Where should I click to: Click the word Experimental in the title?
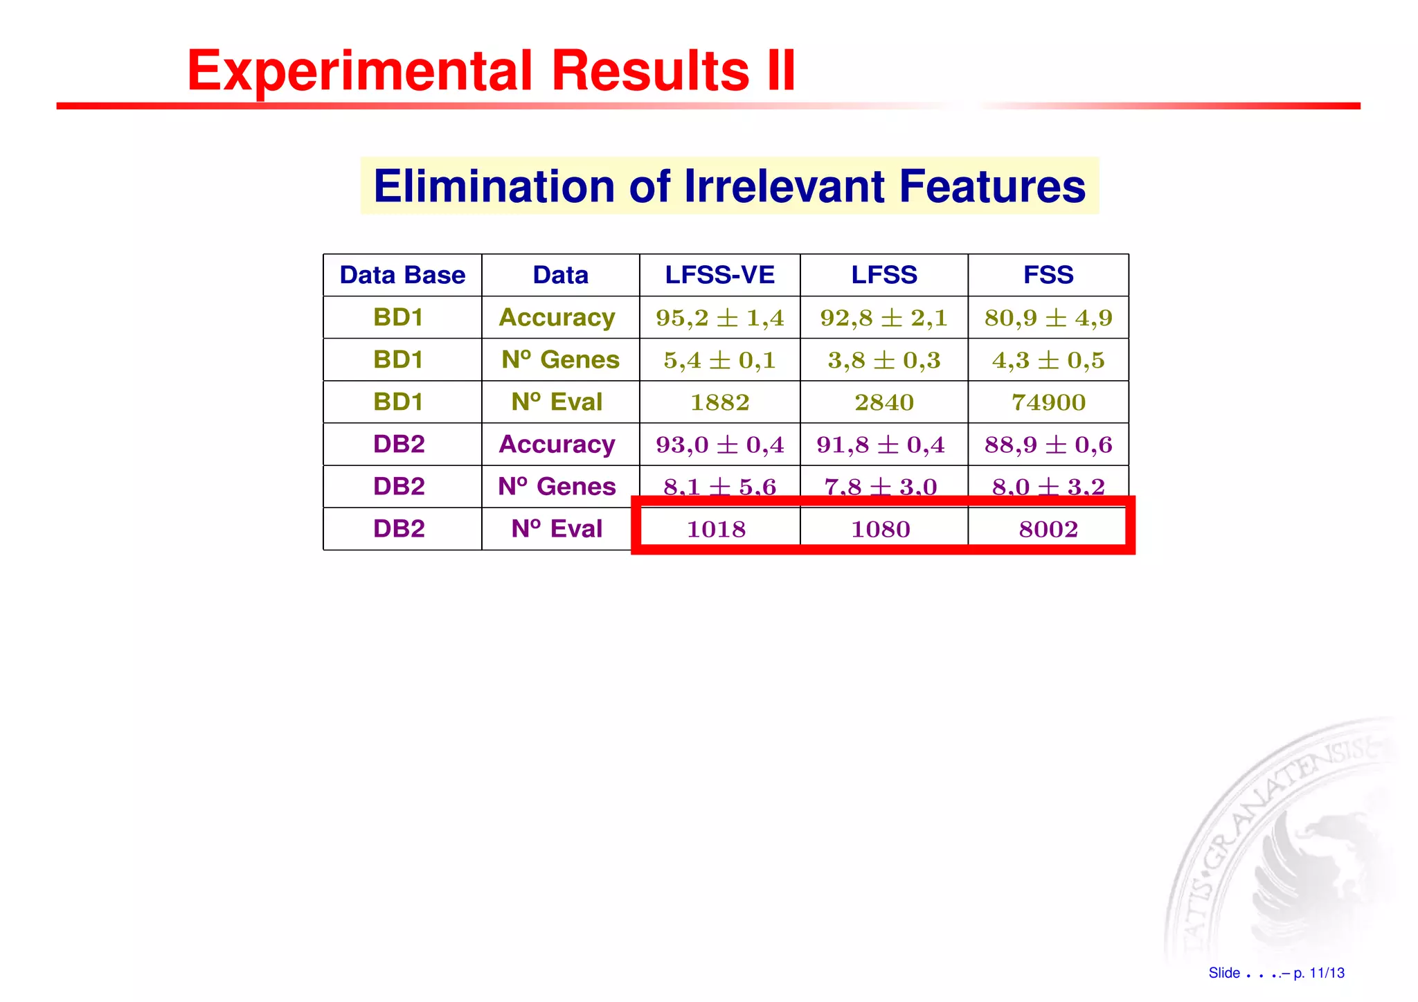[360, 71]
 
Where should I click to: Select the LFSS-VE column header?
[719, 275]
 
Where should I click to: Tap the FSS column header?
[1048, 275]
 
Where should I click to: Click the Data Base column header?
[402, 275]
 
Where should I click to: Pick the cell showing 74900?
[1048, 402]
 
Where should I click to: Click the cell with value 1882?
[719, 402]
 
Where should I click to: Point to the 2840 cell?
[883, 402]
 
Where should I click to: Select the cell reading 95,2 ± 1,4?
[719, 318]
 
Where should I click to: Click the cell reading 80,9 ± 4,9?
[1048, 318]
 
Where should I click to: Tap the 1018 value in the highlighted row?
[716, 529]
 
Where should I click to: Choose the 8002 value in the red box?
[1048, 529]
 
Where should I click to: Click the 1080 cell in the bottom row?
[880, 529]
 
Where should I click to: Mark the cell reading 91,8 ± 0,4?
[880, 445]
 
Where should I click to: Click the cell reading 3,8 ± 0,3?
[883, 360]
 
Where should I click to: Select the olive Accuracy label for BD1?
[557, 318]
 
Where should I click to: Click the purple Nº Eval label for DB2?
[557, 529]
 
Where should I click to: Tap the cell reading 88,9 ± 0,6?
[1048, 445]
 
